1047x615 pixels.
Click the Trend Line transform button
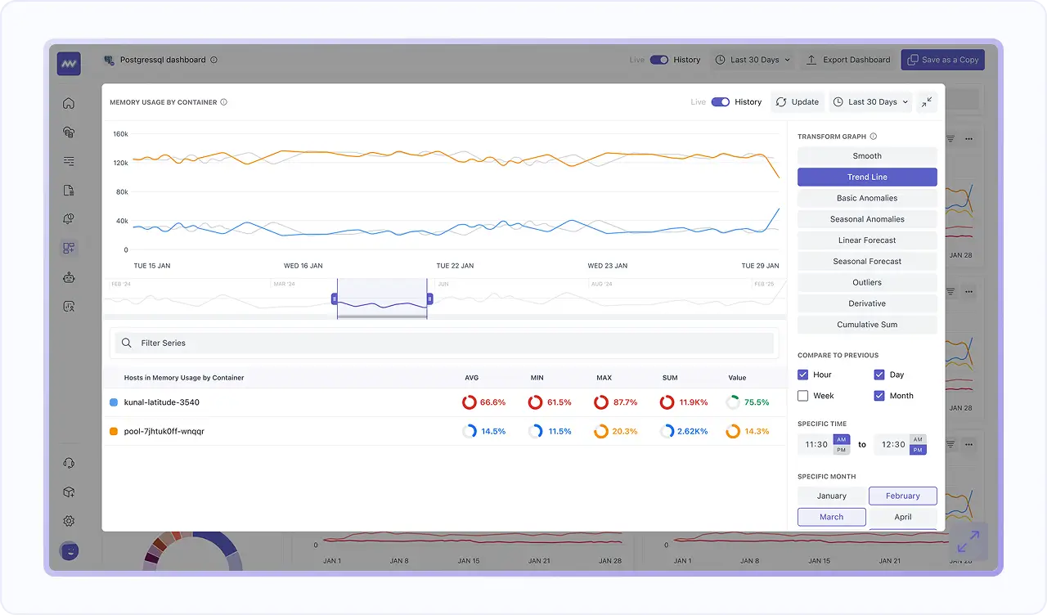(867, 177)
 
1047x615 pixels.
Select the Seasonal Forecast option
(867, 262)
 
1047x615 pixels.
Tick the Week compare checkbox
(803, 396)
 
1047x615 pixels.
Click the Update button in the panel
(797, 102)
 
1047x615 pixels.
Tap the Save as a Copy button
(942, 60)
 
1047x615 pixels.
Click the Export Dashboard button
(848, 60)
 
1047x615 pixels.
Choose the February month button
(902, 496)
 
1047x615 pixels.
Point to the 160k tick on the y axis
(120, 134)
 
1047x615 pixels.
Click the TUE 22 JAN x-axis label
(455, 266)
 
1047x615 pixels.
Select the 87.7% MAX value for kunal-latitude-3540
(615, 402)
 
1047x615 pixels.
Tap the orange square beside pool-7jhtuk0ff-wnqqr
(114, 431)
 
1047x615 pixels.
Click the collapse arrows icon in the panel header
(926, 102)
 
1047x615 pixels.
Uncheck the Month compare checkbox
(879, 396)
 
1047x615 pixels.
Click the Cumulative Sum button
(867, 325)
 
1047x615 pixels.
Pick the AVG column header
(471, 378)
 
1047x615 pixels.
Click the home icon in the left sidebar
(69, 103)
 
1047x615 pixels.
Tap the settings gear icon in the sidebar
(69, 521)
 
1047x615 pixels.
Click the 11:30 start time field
(816, 445)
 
